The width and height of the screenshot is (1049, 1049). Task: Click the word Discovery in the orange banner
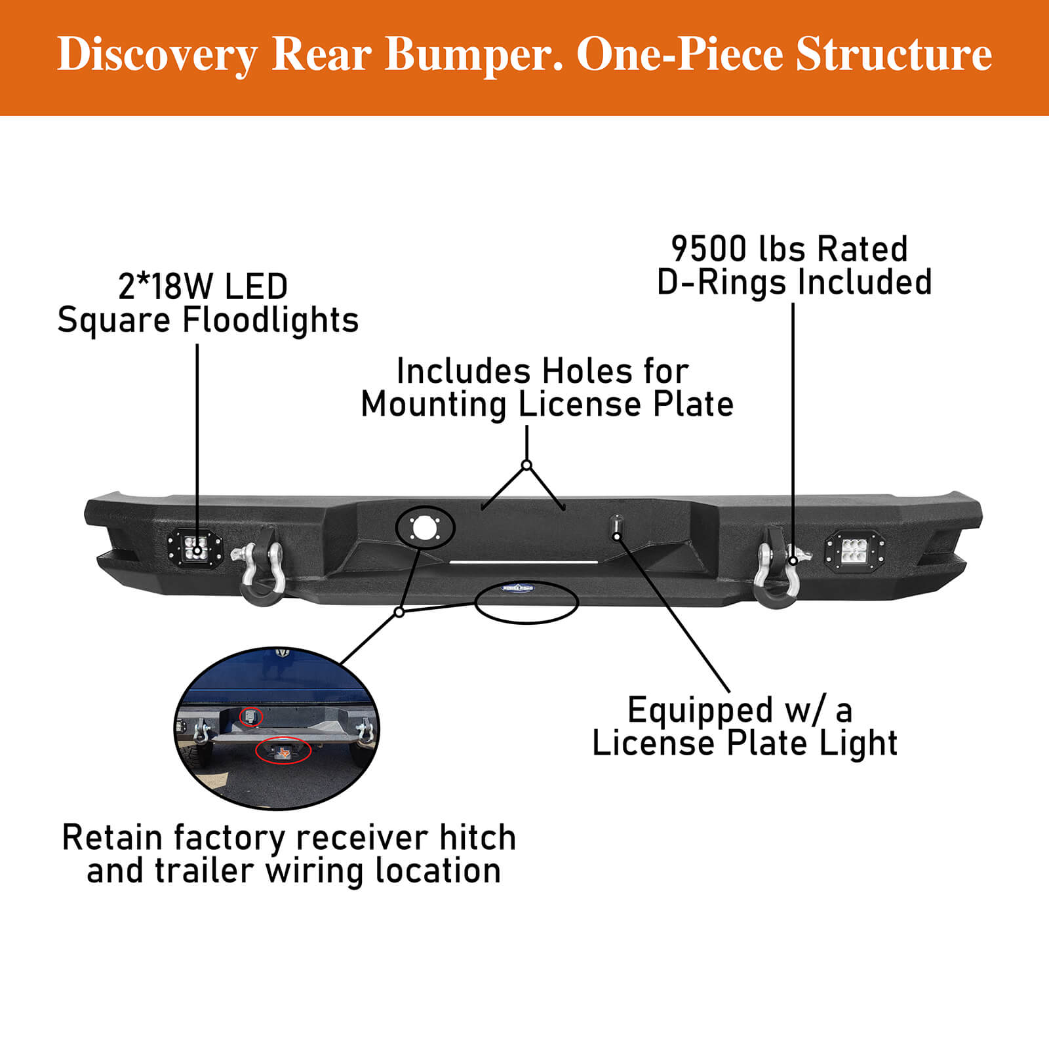click(x=157, y=55)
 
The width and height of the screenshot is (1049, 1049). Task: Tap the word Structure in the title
click(x=894, y=55)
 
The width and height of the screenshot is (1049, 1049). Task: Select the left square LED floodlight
click(x=194, y=547)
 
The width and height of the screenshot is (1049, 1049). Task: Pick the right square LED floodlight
click(x=855, y=549)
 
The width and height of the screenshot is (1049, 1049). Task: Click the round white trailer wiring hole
click(x=424, y=527)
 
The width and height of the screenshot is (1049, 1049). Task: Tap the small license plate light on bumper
click(x=616, y=527)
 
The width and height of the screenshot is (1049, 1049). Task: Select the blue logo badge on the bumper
click(x=518, y=588)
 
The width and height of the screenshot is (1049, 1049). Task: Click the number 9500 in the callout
click(x=709, y=250)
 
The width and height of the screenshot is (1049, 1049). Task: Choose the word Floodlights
click(x=270, y=321)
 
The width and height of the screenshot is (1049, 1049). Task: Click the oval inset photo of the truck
click(x=277, y=728)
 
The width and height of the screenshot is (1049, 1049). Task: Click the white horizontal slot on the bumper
click(x=523, y=562)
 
